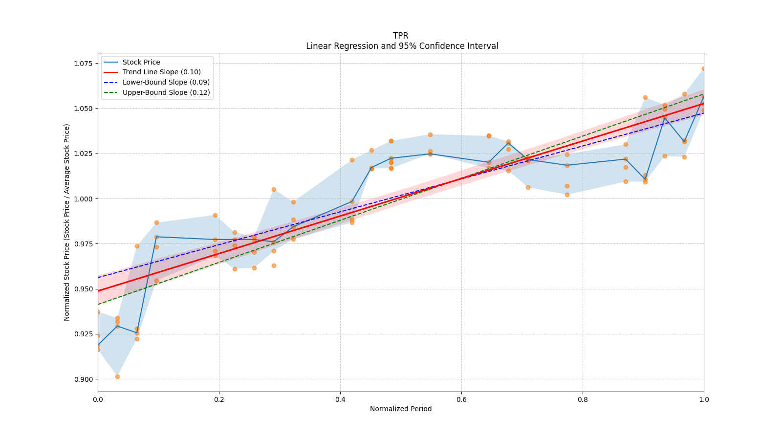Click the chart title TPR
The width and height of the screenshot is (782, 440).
pyautogui.click(x=400, y=36)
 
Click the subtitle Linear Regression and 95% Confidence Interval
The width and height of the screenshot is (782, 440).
pyautogui.click(x=402, y=46)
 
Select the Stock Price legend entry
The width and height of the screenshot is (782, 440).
pyautogui.click(x=141, y=62)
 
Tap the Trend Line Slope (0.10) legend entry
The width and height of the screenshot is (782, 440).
pyautogui.click(x=161, y=72)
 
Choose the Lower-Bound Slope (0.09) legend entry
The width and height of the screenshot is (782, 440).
pyautogui.click(x=166, y=82)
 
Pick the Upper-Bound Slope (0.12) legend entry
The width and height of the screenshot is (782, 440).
pyautogui.click(x=166, y=92)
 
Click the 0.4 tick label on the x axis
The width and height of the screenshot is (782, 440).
pyautogui.click(x=340, y=399)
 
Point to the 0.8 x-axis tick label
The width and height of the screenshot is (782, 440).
pyautogui.click(x=583, y=399)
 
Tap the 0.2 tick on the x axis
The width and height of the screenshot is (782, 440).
pyautogui.click(x=219, y=399)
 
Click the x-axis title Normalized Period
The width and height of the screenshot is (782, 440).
pyautogui.click(x=401, y=409)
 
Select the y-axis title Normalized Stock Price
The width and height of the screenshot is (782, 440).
pyautogui.click(x=67, y=222)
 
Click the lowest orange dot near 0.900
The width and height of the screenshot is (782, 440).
pyautogui.click(x=117, y=376)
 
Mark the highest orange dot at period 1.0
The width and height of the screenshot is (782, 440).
pyautogui.click(x=703, y=69)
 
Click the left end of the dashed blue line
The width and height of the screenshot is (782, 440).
pyautogui.click(x=98, y=278)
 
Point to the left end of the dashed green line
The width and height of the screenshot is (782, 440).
pyautogui.click(x=98, y=304)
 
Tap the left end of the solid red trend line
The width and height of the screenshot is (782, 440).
pyautogui.click(x=98, y=291)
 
